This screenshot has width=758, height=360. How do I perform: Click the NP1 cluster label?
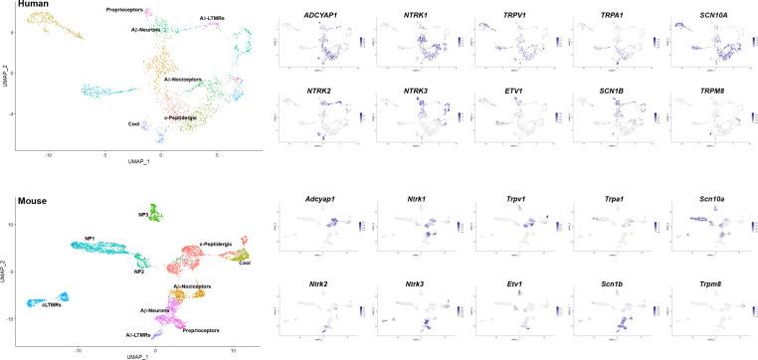(x=90, y=239)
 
